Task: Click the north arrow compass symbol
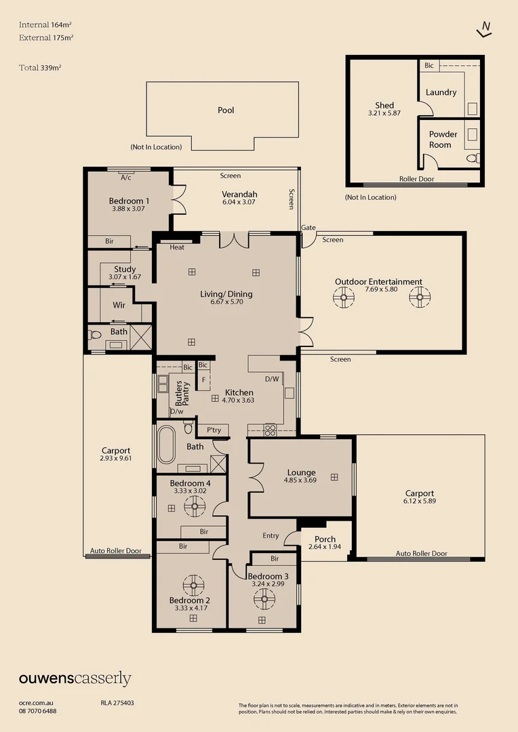click(x=484, y=28)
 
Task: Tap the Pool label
click(x=226, y=110)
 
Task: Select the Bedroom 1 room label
click(x=129, y=201)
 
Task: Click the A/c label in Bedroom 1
click(x=125, y=178)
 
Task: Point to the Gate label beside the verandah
click(x=308, y=228)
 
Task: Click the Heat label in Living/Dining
click(x=177, y=247)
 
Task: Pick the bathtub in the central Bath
click(x=167, y=445)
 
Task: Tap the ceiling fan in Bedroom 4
click(x=195, y=504)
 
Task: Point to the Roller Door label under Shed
click(x=414, y=180)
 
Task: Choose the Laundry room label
click(x=441, y=92)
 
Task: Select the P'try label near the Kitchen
click(x=214, y=430)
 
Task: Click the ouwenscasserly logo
click(x=75, y=678)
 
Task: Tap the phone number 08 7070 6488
click(x=38, y=711)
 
